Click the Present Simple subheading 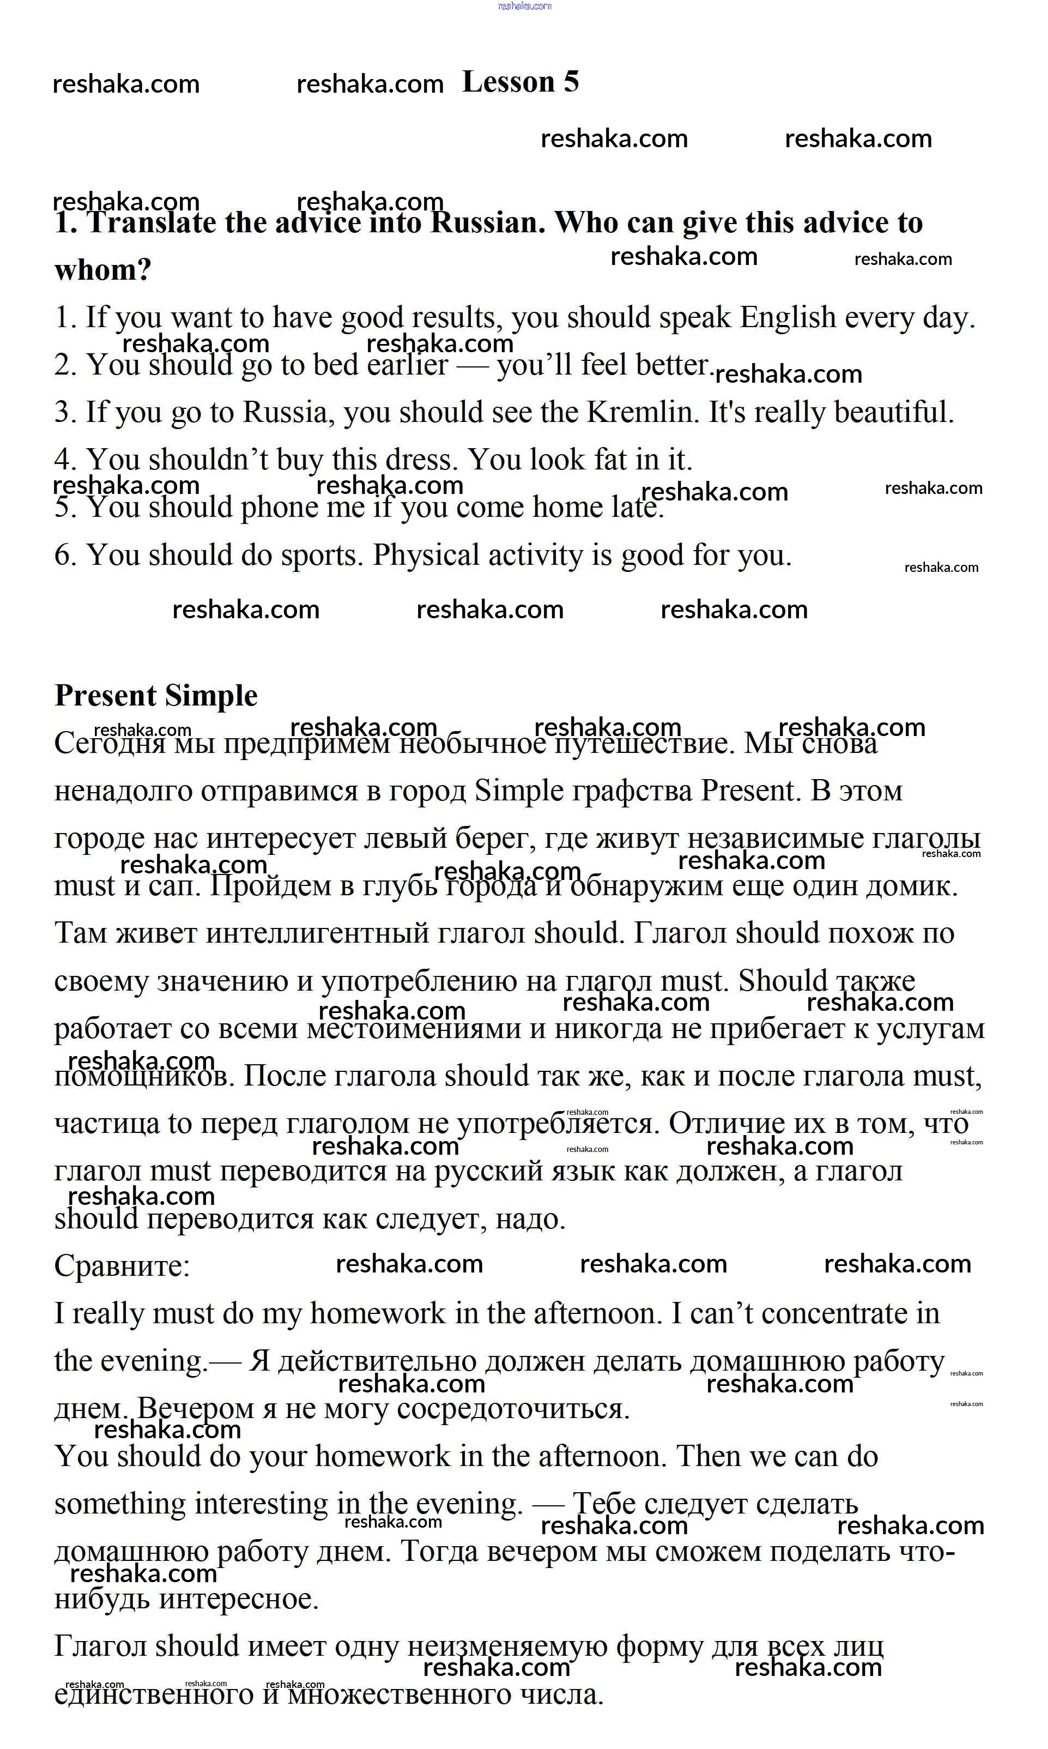[x=156, y=696]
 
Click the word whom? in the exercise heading [x=103, y=270]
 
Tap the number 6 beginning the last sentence [x=64, y=555]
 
